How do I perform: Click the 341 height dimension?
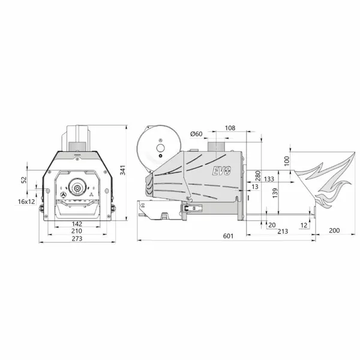click(123, 170)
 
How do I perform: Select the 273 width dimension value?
click(77, 239)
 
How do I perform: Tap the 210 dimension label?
click(77, 231)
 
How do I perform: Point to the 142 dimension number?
click(77, 224)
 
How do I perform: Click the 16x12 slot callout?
click(26, 202)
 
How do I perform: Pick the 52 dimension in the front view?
click(24, 180)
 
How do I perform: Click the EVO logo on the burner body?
click(221, 170)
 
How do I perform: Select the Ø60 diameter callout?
click(196, 134)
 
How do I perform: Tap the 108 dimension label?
click(230, 128)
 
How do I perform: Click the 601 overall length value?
click(228, 236)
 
